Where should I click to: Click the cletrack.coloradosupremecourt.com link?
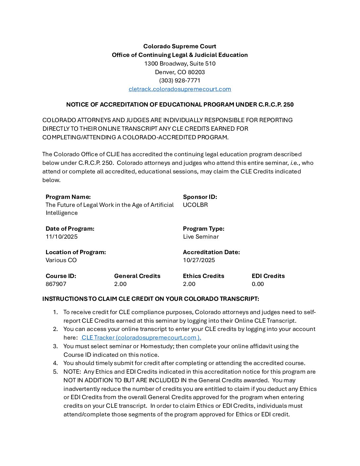[180, 89]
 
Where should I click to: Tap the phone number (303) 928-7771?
[180, 80]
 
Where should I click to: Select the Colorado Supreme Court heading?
[180, 46]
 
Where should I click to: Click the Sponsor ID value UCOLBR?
[195, 205]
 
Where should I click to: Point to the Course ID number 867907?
[56, 284]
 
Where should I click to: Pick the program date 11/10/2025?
[62, 237]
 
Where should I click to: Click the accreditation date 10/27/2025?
[199, 260]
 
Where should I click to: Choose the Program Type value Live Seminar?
[201, 237]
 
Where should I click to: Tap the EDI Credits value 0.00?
[258, 284]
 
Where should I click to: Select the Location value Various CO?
[61, 260]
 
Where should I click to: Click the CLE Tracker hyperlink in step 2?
[141, 338]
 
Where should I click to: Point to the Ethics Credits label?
[203, 276]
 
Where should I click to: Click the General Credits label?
[137, 276]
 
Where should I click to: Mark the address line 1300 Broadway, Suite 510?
[180, 64]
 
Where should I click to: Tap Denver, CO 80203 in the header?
[180, 72]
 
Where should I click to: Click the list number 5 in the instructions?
[55, 372]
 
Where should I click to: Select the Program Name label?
[68, 197]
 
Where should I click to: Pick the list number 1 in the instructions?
[55, 312]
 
